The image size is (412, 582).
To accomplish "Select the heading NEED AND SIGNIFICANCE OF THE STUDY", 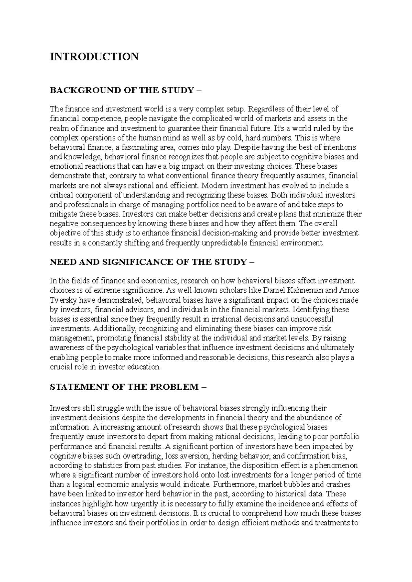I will pyautogui.click(x=148, y=262).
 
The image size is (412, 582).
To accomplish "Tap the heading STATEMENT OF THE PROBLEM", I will pyautogui.click(x=124, y=387).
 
